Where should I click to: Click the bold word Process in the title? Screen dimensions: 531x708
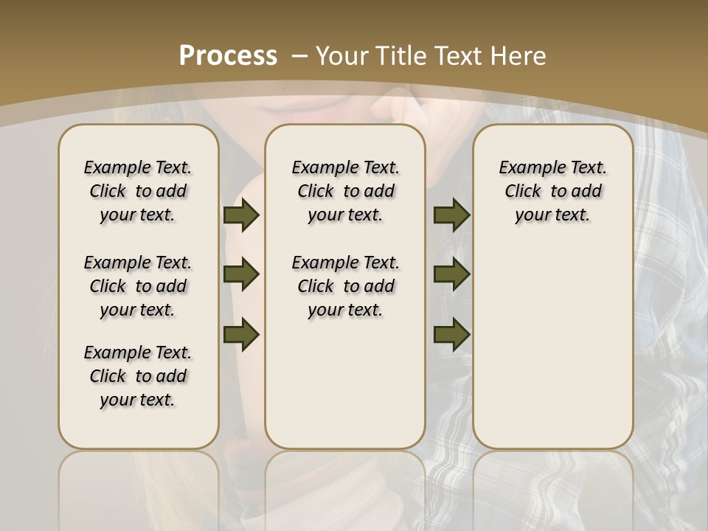pos(228,55)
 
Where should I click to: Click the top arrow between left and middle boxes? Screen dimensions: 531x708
pos(241,215)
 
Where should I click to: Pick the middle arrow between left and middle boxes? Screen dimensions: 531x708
pos(241,274)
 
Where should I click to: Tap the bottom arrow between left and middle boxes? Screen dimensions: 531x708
pos(241,334)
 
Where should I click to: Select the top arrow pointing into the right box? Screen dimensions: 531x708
pos(451,215)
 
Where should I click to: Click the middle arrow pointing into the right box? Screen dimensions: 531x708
pos(451,274)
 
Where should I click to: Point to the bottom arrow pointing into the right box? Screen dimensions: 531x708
pos(451,334)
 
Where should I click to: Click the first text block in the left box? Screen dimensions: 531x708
pos(138,191)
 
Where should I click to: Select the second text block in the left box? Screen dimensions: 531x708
pos(138,286)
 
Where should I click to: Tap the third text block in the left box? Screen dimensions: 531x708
pos(138,376)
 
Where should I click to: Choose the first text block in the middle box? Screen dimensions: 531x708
pos(345,191)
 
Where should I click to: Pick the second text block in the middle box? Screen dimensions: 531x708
pos(345,286)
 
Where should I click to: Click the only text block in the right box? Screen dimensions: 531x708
pos(552,191)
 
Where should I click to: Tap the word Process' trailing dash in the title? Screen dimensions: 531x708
pos(299,55)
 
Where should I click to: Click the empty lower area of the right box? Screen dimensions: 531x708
pos(552,347)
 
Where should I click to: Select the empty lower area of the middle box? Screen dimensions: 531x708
pos(345,383)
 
